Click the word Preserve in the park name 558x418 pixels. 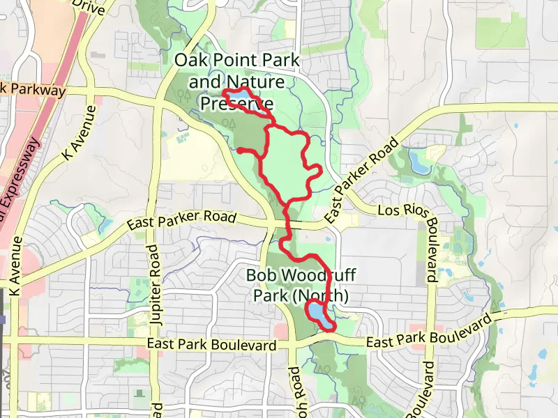tap(236, 104)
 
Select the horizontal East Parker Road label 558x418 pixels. tap(182, 220)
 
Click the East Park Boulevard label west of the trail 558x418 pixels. tap(212, 345)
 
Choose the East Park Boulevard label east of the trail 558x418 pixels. tap(424, 335)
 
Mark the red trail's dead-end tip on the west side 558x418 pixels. tap(239, 150)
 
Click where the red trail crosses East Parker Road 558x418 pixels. tap(288, 224)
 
